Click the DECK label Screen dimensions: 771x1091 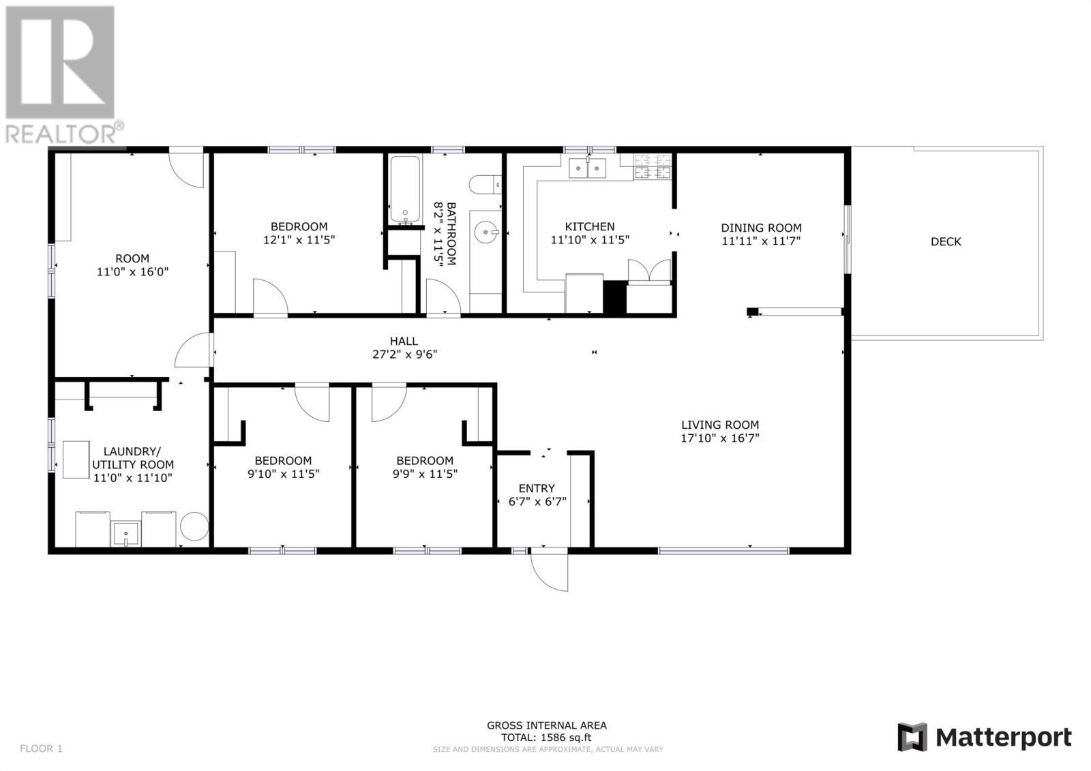coord(946,241)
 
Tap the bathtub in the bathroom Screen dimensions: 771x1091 coord(406,190)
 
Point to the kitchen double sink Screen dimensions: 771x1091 coord(588,168)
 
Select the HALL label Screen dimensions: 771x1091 coord(404,341)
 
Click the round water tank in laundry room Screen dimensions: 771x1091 coord(194,527)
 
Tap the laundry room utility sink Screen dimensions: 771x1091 coord(126,534)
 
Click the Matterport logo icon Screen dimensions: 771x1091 coord(912,737)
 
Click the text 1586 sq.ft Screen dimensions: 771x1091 coord(565,737)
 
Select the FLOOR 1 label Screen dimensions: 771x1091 coord(41,749)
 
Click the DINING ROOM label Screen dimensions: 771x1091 coord(761,228)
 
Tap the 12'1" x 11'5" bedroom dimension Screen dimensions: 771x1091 coord(299,240)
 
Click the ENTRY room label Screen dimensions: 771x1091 coord(537,488)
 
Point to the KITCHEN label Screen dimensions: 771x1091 coord(589,226)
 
